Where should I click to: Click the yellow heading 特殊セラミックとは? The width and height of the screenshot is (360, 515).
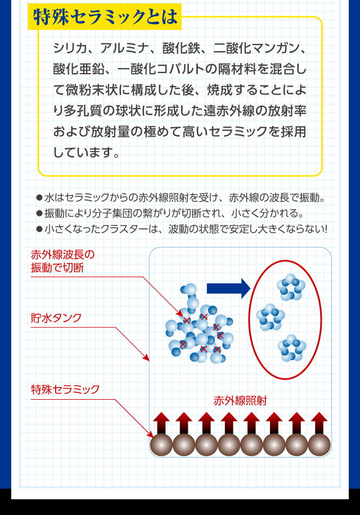pyautogui.click(x=105, y=17)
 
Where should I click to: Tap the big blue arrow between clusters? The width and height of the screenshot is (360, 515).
pyautogui.click(x=228, y=288)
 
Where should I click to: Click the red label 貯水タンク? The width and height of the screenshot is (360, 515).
pyautogui.click(x=56, y=318)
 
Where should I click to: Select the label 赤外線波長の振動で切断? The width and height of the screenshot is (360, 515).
pyautogui.click(x=63, y=261)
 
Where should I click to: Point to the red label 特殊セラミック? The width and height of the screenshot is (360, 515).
pyautogui.click(x=65, y=390)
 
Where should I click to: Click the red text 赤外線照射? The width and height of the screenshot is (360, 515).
pyautogui.click(x=240, y=401)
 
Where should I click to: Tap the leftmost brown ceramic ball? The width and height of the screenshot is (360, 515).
pyautogui.click(x=161, y=445)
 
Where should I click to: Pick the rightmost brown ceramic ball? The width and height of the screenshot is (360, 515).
pyautogui.click(x=319, y=445)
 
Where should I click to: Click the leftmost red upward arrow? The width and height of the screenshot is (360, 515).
pyautogui.click(x=161, y=423)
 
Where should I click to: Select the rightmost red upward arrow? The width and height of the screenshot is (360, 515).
pyautogui.click(x=319, y=423)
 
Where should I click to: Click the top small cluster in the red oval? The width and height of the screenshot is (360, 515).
pyautogui.click(x=291, y=287)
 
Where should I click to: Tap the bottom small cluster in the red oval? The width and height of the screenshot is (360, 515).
pyautogui.click(x=292, y=348)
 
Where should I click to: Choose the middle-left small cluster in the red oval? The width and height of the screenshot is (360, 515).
pyautogui.click(x=271, y=317)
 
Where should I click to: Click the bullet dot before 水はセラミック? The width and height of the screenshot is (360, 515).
pyautogui.click(x=39, y=198)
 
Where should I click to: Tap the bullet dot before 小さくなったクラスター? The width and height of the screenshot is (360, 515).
pyautogui.click(x=39, y=229)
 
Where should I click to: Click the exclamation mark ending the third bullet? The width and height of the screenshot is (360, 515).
pyautogui.click(x=326, y=229)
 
